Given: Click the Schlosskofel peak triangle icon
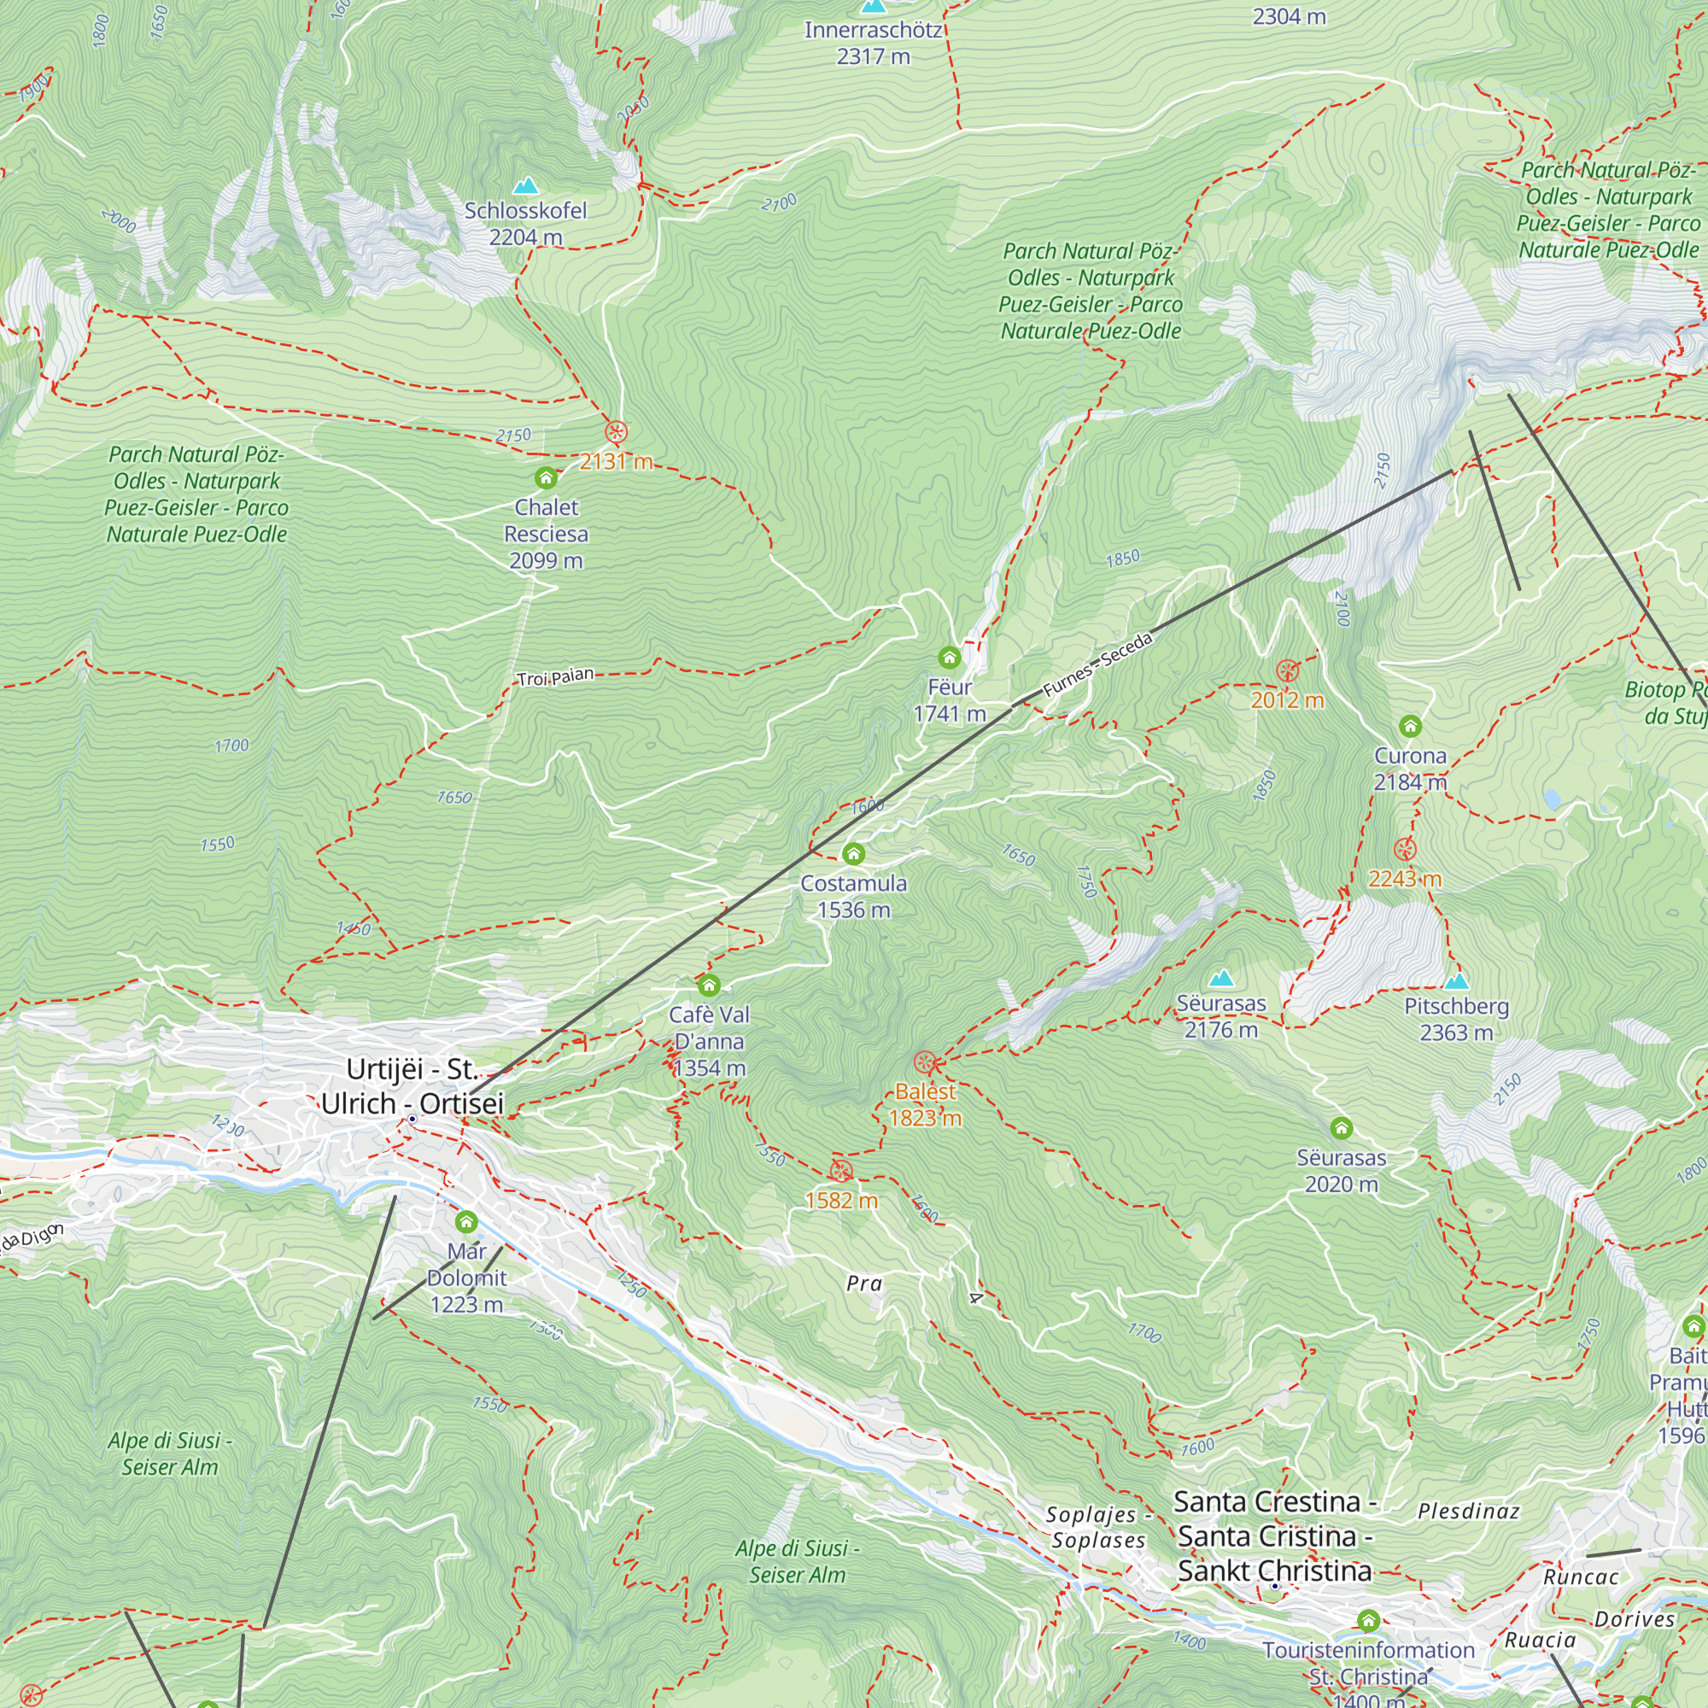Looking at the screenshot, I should tap(526, 185).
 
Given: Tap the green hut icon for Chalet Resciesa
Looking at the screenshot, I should tap(547, 478).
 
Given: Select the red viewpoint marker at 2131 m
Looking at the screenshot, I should tap(617, 432).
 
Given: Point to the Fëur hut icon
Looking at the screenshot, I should tap(950, 658).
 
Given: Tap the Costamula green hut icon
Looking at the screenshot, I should tap(853, 854).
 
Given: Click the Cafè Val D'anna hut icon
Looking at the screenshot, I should tap(709, 986).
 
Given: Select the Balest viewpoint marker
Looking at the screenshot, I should tap(925, 1062).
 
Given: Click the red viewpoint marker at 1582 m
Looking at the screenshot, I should tap(840, 1172).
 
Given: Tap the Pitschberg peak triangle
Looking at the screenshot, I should tap(1456, 980).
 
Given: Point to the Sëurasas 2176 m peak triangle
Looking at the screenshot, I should tap(1221, 978).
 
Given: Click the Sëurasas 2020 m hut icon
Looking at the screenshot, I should tap(1341, 1128).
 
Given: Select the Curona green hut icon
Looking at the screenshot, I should tap(1410, 727).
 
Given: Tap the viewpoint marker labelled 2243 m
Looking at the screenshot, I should tap(1405, 850).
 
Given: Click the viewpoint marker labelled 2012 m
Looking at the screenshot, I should tap(1287, 671).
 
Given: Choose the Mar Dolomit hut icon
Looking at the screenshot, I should tap(467, 1223).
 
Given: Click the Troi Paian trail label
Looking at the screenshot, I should tap(555, 677).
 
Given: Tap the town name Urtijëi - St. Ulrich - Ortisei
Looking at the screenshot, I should tap(412, 1086).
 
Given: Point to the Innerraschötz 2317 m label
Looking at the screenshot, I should tap(874, 43).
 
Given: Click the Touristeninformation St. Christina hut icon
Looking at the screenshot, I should tap(1368, 1621).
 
